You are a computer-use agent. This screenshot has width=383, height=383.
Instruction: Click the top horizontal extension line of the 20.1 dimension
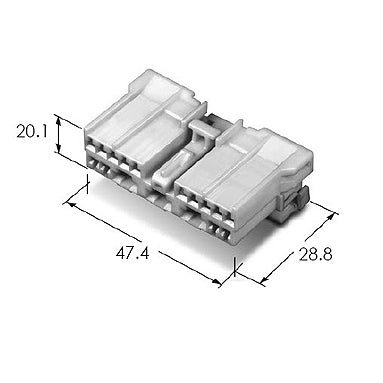76,115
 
